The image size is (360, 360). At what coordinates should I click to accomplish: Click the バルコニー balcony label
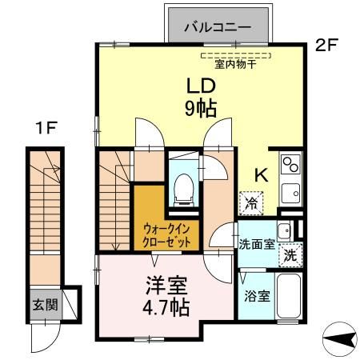pyautogui.click(x=218, y=27)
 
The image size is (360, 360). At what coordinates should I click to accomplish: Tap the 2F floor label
pyautogui.click(x=326, y=45)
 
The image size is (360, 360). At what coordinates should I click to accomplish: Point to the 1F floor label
pyautogui.click(x=46, y=128)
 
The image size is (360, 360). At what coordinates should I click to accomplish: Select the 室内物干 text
pyautogui.click(x=235, y=64)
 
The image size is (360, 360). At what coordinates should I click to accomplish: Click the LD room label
pyautogui.click(x=201, y=86)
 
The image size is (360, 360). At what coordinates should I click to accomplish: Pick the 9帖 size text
pyautogui.click(x=201, y=109)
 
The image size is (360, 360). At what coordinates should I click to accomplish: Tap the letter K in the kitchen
pyautogui.click(x=262, y=175)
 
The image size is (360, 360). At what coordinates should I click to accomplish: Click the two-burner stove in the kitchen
pyautogui.click(x=290, y=165)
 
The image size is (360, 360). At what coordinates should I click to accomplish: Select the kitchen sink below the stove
pyautogui.click(x=290, y=193)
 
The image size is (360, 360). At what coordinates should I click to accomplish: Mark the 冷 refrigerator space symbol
pyautogui.click(x=251, y=203)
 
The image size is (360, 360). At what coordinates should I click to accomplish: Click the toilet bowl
pyautogui.click(x=183, y=190)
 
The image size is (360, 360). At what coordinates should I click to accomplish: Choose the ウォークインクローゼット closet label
pyautogui.click(x=166, y=235)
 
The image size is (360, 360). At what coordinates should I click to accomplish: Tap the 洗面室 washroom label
pyautogui.click(x=257, y=244)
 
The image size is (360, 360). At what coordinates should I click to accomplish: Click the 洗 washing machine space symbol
pyautogui.click(x=290, y=255)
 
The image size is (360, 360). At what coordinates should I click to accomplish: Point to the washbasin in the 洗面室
pyautogui.click(x=285, y=231)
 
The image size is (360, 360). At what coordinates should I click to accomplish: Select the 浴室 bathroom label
pyautogui.click(x=258, y=296)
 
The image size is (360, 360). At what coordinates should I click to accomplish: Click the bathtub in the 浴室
pyautogui.click(x=289, y=296)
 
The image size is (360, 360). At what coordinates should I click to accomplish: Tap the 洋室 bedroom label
pyautogui.click(x=166, y=285)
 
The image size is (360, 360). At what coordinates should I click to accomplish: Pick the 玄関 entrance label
pyautogui.click(x=46, y=305)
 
